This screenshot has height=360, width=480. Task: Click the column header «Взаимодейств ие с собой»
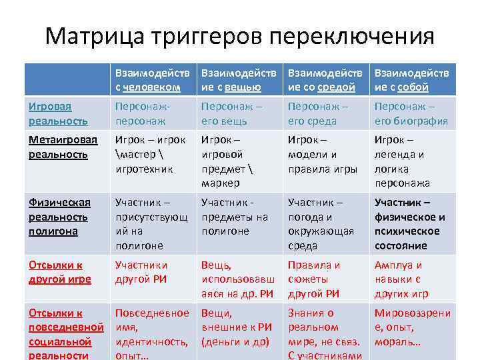[x=411, y=79]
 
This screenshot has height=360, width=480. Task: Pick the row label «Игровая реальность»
[x=58, y=113]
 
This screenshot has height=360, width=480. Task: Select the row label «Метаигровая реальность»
[x=63, y=147]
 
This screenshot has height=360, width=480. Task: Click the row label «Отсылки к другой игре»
[x=60, y=272]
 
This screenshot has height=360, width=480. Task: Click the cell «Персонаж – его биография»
[x=411, y=113]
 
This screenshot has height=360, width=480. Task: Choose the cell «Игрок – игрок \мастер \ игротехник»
[x=150, y=154]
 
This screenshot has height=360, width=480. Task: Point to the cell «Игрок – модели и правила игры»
[x=321, y=154]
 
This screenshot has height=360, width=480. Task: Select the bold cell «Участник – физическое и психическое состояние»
[x=409, y=223]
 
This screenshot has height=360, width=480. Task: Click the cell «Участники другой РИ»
[x=141, y=272]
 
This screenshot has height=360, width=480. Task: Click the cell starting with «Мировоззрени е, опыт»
[x=412, y=327]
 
